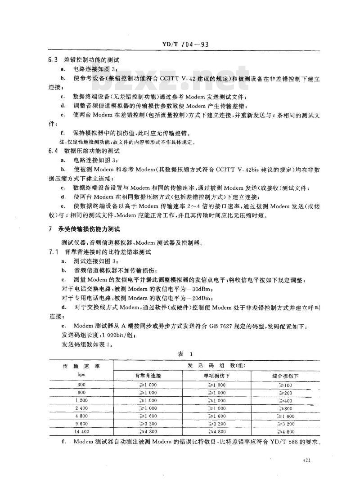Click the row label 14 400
coord(81,432)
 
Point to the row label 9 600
coord(81,424)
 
